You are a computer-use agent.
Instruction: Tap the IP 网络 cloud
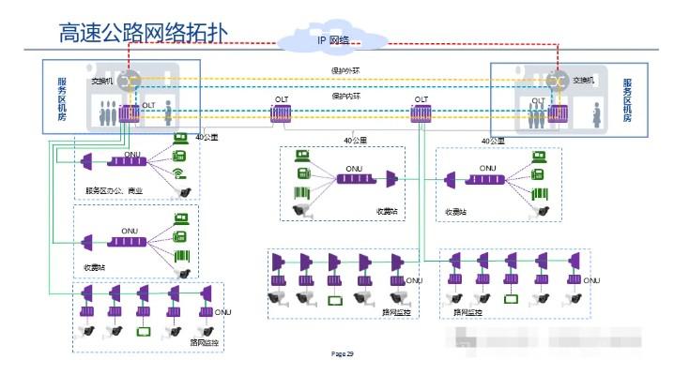[332, 39]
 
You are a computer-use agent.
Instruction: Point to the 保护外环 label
[345, 72]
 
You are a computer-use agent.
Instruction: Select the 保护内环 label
[345, 96]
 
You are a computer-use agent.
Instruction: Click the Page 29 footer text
[343, 354]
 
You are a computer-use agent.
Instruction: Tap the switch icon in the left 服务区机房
[127, 81]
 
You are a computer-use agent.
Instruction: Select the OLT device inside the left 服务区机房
[129, 114]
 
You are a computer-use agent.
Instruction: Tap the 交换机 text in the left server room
[101, 81]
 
